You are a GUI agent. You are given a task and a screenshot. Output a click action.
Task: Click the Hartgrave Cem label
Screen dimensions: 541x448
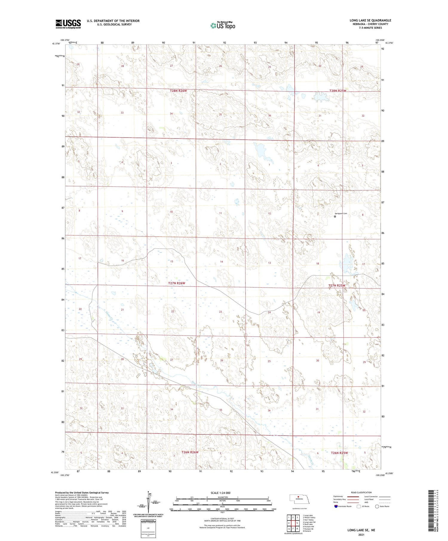[x=341, y=213]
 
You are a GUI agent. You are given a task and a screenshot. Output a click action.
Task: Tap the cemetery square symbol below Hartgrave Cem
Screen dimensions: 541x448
[x=335, y=217]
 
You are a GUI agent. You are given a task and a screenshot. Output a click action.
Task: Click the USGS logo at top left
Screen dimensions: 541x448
[x=68, y=24]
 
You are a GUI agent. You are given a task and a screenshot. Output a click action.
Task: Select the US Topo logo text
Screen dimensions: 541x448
[x=223, y=26]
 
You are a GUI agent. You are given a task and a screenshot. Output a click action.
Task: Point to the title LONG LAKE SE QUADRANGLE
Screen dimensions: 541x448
[x=370, y=20]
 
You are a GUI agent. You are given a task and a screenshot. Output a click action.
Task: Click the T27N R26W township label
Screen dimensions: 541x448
[x=177, y=283]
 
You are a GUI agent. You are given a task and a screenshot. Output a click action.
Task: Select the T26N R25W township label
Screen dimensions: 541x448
[x=339, y=453]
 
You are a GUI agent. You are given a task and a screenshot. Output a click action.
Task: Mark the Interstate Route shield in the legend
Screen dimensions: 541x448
[x=336, y=506]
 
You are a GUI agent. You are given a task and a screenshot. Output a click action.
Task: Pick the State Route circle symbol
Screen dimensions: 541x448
[x=377, y=506]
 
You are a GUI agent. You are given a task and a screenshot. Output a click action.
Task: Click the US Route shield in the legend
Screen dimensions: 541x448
[x=358, y=506]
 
